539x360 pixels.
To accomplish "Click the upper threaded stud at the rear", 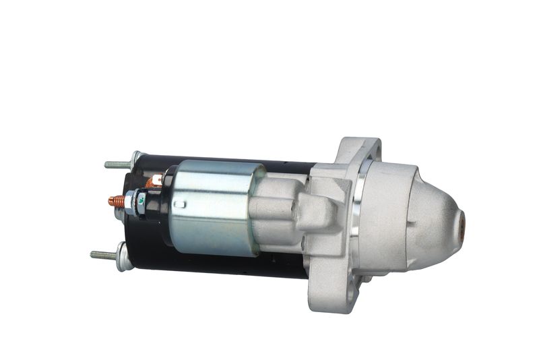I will [x=117, y=164].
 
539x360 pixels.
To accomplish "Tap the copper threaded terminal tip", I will [x=116, y=201].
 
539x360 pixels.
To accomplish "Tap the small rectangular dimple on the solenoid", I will [x=179, y=204].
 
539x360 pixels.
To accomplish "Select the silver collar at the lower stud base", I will [x=123, y=256].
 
